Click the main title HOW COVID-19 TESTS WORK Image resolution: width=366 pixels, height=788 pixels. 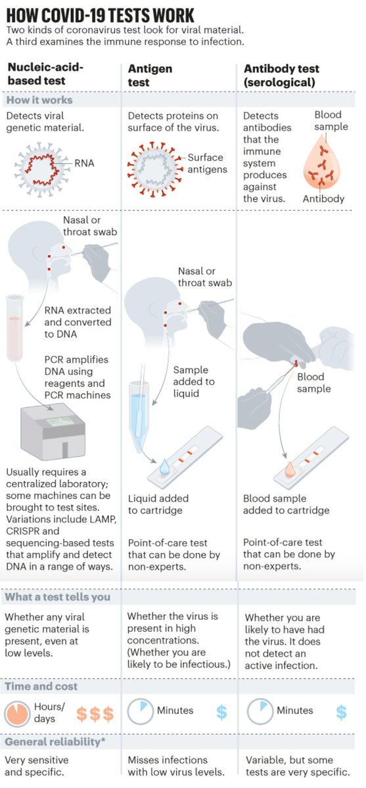pos(101,16)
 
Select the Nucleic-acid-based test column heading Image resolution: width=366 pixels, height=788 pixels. pos(45,74)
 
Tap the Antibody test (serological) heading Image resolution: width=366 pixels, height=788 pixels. pos(281,76)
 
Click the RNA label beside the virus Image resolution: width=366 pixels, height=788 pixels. pos(85,164)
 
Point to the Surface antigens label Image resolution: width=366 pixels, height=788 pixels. pos(207,164)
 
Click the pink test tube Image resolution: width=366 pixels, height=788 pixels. pos(14,328)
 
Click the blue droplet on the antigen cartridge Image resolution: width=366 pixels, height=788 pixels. pos(164,467)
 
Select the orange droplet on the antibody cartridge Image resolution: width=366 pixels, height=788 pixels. pos(290,470)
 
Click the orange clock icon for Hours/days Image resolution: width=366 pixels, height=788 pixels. pos(17,714)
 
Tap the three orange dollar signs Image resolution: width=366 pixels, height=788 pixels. pos(95,714)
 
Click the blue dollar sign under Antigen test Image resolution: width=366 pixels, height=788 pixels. pos(221,712)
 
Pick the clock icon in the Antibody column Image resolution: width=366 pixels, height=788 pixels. pos(260,711)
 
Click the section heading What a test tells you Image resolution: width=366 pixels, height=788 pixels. pos(57,597)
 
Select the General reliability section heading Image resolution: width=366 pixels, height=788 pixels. pos(55,742)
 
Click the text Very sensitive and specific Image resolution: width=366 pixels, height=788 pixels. pos(37,766)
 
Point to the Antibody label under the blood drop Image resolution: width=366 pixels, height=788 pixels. pos(323,199)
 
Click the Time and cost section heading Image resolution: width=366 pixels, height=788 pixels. pos(41,686)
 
